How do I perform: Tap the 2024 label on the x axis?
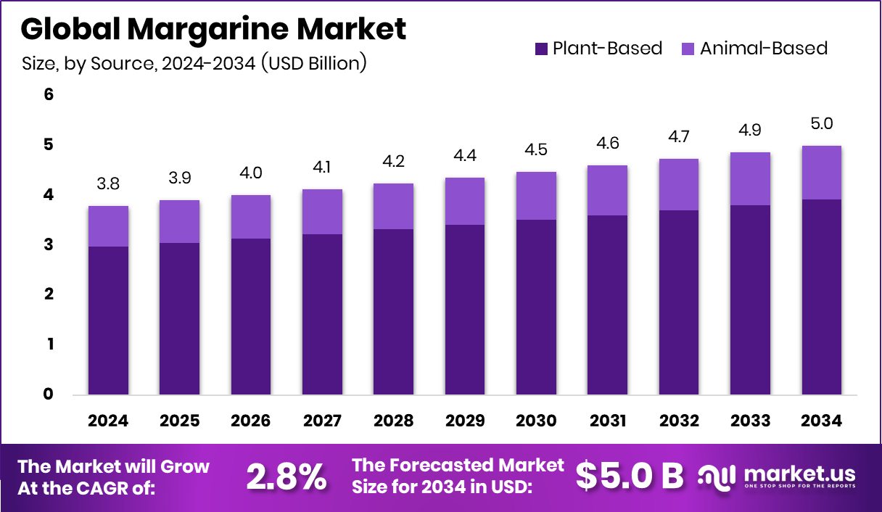pyautogui.click(x=109, y=421)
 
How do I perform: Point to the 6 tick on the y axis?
pyautogui.click(x=49, y=95)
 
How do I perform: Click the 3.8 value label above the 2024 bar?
pyautogui.click(x=109, y=183)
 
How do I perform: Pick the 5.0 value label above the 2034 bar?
pyautogui.click(x=823, y=123)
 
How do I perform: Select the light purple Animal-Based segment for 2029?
pyautogui.click(x=465, y=201)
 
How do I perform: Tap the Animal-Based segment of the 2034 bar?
pyautogui.click(x=823, y=173)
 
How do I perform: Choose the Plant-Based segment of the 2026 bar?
pyautogui.click(x=251, y=316)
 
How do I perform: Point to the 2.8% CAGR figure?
pyautogui.click(x=286, y=476)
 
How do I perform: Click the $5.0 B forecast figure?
pyautogui.click(x=630, y=476)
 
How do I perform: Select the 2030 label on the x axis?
pyautogui.click(x=536, y=421)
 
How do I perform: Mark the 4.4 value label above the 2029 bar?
pyautogui.click(x=465, y=155)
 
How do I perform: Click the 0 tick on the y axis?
pyautogui.click(x=49, y=395)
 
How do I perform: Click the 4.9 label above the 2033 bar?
pyautogui.click(x=751, y=130)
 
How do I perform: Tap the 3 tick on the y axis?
pyautogui.click(x=49, y=245)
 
